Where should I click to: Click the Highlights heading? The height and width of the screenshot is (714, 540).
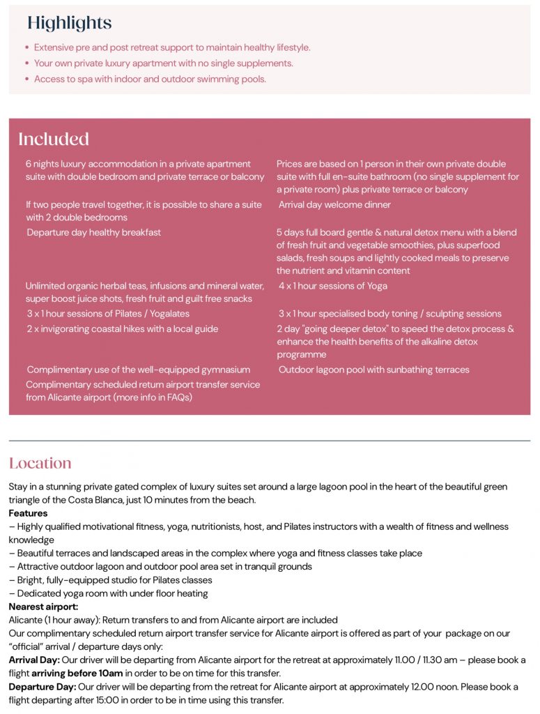coord(69,23)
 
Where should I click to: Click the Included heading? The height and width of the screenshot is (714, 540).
coord(54,139)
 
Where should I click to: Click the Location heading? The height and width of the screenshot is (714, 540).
coord(40,464)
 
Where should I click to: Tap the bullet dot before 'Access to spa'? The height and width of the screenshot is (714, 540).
coord(27,79)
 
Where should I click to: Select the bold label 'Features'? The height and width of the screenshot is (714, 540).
coord(28,513)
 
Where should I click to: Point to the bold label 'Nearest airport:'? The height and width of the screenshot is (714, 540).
coord(43,607)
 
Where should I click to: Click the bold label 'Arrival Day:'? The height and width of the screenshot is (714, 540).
coord(34,660)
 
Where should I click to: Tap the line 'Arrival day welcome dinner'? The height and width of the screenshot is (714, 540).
coord(334,205)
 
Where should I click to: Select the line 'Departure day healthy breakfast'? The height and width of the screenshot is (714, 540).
coord(94,232)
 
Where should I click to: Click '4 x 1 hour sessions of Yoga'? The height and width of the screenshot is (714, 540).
coord(333,286)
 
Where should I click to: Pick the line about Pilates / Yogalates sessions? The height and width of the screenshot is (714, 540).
coord(108,314)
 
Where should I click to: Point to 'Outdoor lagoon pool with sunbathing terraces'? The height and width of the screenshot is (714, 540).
coord(374,370)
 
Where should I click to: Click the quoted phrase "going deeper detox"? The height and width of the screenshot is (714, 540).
coord(353,329)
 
